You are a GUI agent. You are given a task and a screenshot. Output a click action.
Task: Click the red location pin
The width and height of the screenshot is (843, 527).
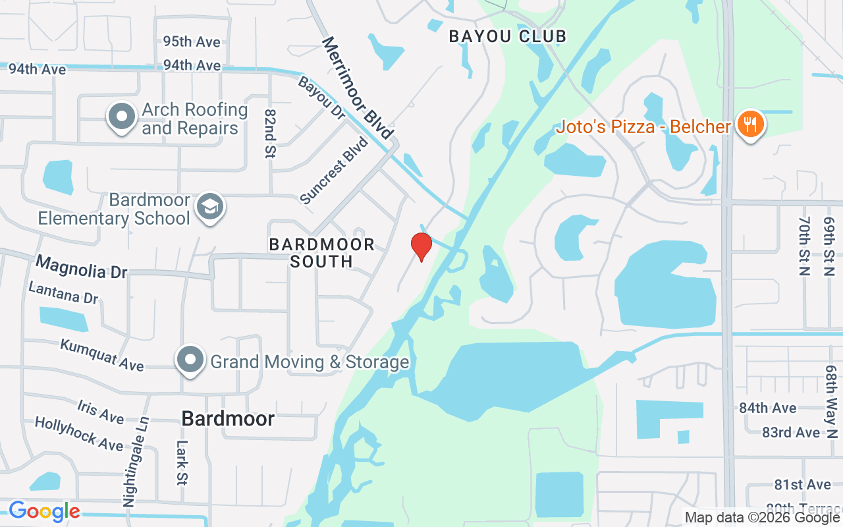421,246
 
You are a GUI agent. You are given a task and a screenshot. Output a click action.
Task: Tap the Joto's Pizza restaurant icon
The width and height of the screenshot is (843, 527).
749,125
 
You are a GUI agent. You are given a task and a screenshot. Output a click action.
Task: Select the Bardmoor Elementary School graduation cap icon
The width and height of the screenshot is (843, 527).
211,207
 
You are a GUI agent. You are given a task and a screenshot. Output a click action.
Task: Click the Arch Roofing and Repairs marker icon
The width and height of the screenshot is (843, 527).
122,117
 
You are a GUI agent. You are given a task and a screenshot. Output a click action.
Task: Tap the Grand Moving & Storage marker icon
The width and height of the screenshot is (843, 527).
191,360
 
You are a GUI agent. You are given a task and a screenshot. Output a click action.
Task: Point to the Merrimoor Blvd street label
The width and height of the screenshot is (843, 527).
357,87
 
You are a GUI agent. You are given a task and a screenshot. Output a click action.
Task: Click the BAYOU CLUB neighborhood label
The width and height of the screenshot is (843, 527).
507,36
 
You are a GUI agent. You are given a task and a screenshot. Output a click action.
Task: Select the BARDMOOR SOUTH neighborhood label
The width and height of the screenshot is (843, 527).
322,253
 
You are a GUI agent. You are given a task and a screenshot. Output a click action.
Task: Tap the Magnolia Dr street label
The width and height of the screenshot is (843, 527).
81,267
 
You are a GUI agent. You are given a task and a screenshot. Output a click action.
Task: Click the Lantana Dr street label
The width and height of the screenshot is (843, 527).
63,292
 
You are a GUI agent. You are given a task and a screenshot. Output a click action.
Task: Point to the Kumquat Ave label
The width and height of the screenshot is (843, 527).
102,354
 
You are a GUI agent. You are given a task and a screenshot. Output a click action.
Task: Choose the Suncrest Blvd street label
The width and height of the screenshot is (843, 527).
334,171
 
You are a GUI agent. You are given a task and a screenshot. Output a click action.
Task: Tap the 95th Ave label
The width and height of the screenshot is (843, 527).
192,42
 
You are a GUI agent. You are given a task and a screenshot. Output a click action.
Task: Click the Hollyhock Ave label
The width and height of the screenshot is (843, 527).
78,433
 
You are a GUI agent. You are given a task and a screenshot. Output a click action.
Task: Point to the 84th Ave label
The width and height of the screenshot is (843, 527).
767,408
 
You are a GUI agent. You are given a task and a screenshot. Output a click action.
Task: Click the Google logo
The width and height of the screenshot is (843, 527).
44,511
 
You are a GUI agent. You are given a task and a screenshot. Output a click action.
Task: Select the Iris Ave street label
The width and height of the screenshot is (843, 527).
100,412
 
